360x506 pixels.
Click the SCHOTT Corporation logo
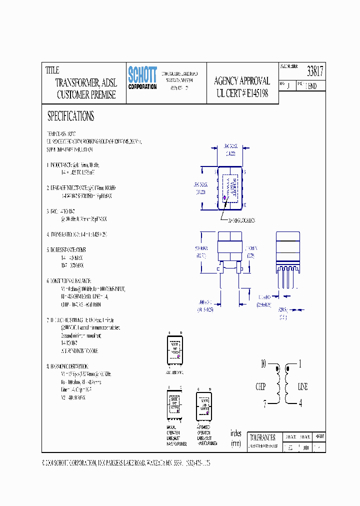click(142, 78)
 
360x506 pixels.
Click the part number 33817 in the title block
click(315, 72)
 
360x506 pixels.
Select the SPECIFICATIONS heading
click(70, 116)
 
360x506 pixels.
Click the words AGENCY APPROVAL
click(242, 81)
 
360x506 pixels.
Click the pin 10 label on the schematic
click(263, 364)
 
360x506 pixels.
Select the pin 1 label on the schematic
click(300, 364)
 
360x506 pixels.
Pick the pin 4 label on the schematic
click(300, 403)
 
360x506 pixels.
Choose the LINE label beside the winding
click(303, 386)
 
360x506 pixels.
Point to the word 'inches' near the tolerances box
click(235, 433)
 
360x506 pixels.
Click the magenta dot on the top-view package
click(224, 198)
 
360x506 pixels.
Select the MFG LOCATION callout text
click(242, 220)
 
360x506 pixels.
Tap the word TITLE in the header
click(52, 70)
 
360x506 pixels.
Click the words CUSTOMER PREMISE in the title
click(86, 94)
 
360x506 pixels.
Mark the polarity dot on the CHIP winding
click(278, 370)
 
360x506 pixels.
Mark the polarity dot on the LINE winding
click(287, 370)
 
